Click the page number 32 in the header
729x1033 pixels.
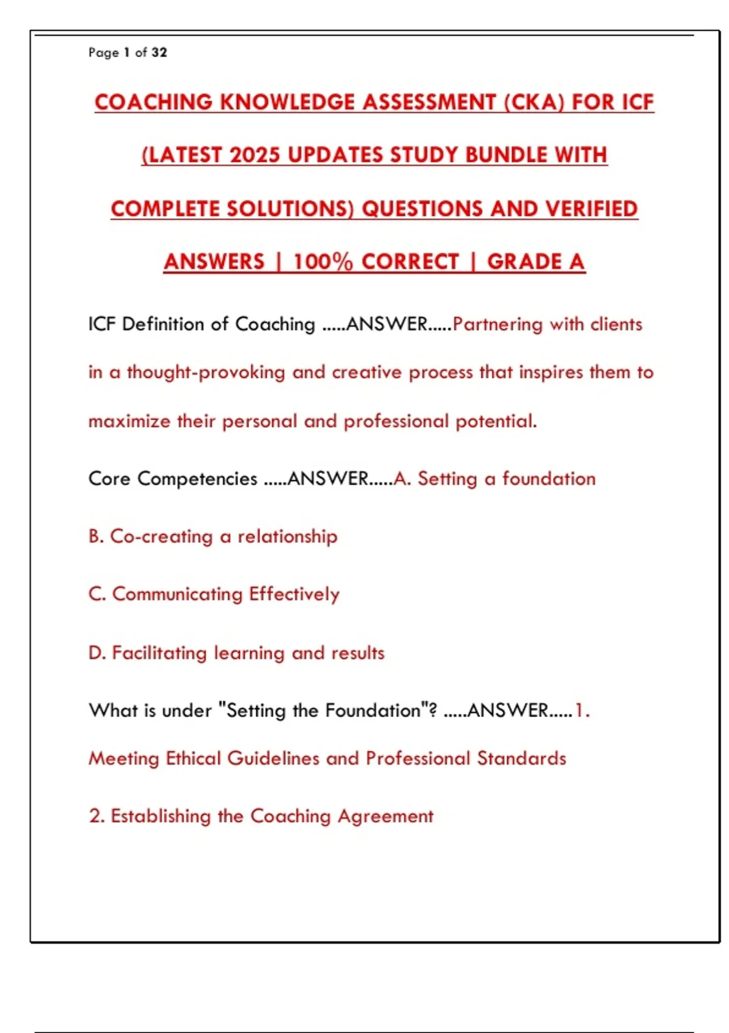click(x=159, y=52)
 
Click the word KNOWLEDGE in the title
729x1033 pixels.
click(x=287, y=102)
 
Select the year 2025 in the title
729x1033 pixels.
click(x=255, y=155)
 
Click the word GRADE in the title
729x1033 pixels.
click(x=524, y=262)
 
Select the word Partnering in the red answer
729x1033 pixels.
click(x=498, y=324)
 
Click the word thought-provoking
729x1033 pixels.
click(x=205, y=372)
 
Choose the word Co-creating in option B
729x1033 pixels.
click(x=161, y=537)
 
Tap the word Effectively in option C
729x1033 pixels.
click(x=294, y=594)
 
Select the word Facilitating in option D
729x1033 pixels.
click(x=159, y=653)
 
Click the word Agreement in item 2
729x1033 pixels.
click(x=385, y=816)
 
